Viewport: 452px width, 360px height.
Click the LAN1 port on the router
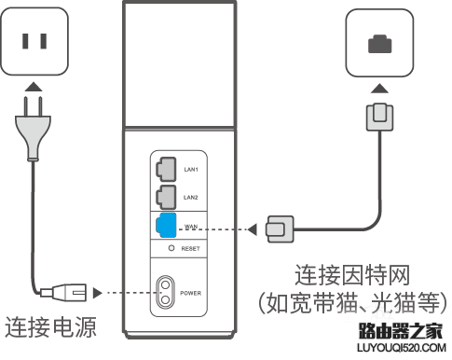coord(164,168)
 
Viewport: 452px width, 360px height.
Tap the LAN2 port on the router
coord(164,197)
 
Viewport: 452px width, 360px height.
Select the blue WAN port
coord(164,225)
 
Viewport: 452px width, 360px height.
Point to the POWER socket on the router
coord(167,292)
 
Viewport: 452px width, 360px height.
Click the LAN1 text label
coord(192,169)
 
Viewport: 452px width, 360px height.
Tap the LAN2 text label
coord(192,198)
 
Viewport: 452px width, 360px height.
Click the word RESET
coord(192,250)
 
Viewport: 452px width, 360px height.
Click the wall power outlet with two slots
coord(35,41)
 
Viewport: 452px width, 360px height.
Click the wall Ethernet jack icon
coord(379,44)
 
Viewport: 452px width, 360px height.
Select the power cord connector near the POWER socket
coord(73,293)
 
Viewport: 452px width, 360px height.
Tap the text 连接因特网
coord(352,276)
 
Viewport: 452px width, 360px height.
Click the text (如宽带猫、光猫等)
coord(352,305)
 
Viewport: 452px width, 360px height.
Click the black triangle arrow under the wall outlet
coord(34,88)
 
